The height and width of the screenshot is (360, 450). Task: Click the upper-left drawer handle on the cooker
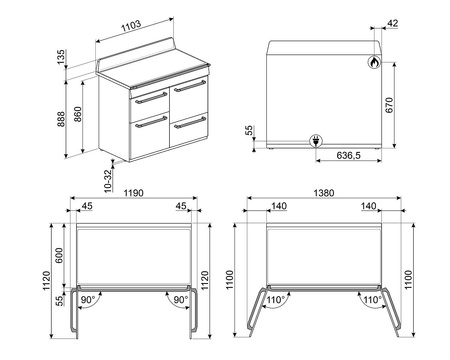pyautogui.click(x=150, y=98)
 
